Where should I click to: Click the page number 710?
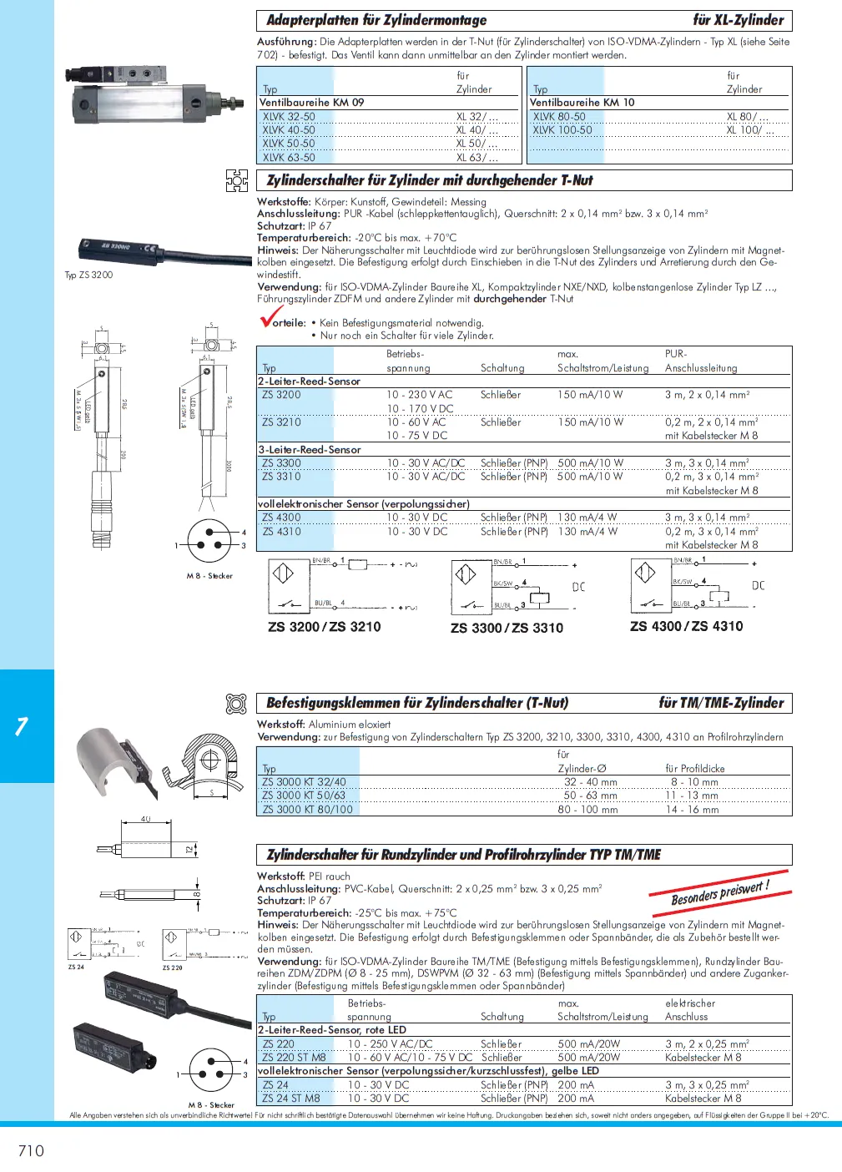pos(31,1150)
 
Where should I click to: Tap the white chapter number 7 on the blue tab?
pos(23,726)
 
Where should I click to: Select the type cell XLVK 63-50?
pos(289,157)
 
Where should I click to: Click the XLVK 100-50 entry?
pos(562,130)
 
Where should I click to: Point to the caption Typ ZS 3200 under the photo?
pos(88,275)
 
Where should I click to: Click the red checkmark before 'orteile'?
pos(270,318)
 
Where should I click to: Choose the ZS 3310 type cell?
pos(281,477)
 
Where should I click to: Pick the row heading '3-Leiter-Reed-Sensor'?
pos(310,450)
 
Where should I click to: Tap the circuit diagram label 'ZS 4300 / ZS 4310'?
pos(686,626)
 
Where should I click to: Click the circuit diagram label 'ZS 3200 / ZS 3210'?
pos(324,627)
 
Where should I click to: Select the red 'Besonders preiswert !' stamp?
pos(719,892)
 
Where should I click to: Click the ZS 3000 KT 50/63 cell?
pos(304,796)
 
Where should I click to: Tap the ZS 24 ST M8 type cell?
pos(291,1099)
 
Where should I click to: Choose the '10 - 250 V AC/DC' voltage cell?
pos(390,1044)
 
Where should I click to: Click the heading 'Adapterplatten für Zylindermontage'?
pos(376,20)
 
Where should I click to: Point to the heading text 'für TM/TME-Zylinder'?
pos(721,703)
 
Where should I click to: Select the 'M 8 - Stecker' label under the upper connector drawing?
pos(209,576)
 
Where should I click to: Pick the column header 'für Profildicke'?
pos(694,769)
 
